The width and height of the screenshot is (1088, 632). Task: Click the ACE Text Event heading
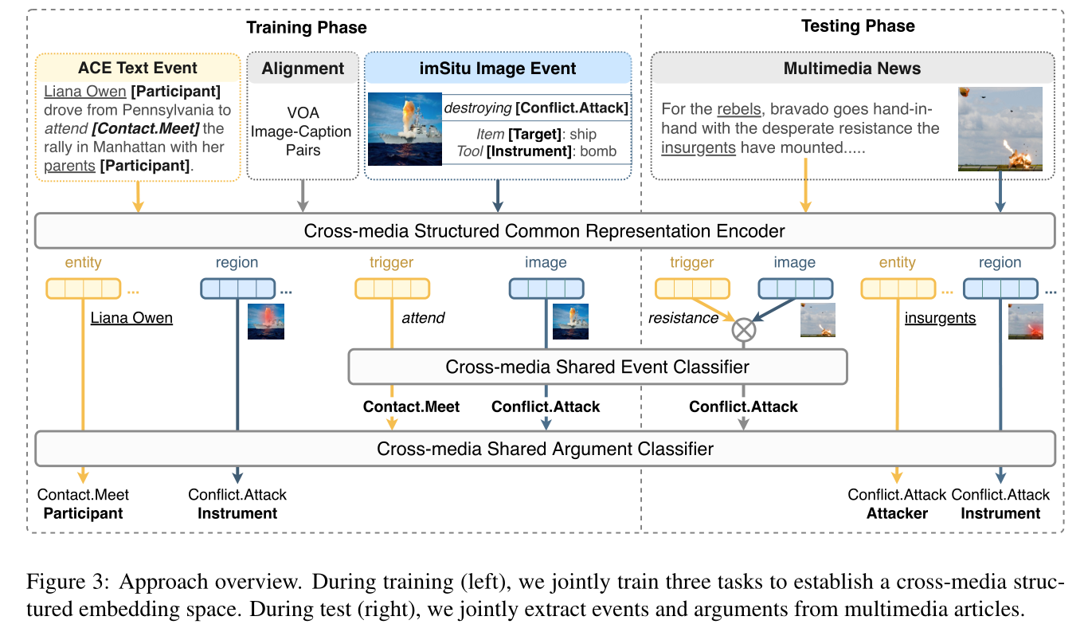[138, 68]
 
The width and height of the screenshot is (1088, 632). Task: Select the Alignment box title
[303, 68]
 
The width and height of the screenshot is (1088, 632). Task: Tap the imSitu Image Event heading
[498, 68]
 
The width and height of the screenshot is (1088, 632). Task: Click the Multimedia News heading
[852, 68]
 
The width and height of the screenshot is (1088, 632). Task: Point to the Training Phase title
[307, 28]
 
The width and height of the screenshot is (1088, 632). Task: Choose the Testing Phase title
[858, 26]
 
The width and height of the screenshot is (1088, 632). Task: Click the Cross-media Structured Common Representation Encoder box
[545, 232]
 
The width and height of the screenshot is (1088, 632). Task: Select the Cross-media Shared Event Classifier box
[597, 367]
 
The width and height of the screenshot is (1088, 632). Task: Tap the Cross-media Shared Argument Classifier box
[545, 449]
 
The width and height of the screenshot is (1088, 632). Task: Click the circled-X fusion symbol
[743, 329]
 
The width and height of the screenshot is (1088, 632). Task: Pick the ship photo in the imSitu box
[405, 129]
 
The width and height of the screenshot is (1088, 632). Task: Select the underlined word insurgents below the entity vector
[940, 318]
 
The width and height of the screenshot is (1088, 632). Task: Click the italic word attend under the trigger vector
[423, 318]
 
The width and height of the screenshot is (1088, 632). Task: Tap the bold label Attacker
[898, 513]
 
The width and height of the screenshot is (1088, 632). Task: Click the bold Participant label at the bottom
[83, 513]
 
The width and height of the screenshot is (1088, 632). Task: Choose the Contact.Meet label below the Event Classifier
[411, 407]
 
